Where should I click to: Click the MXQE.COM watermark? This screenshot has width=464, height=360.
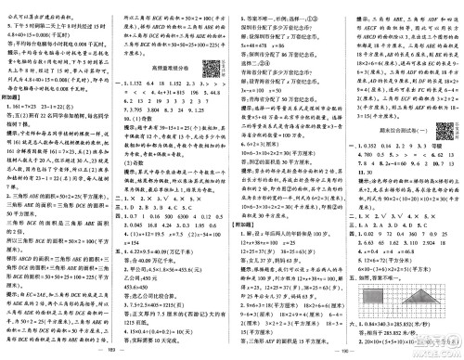pyautogui.click(x=436, y=350)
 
